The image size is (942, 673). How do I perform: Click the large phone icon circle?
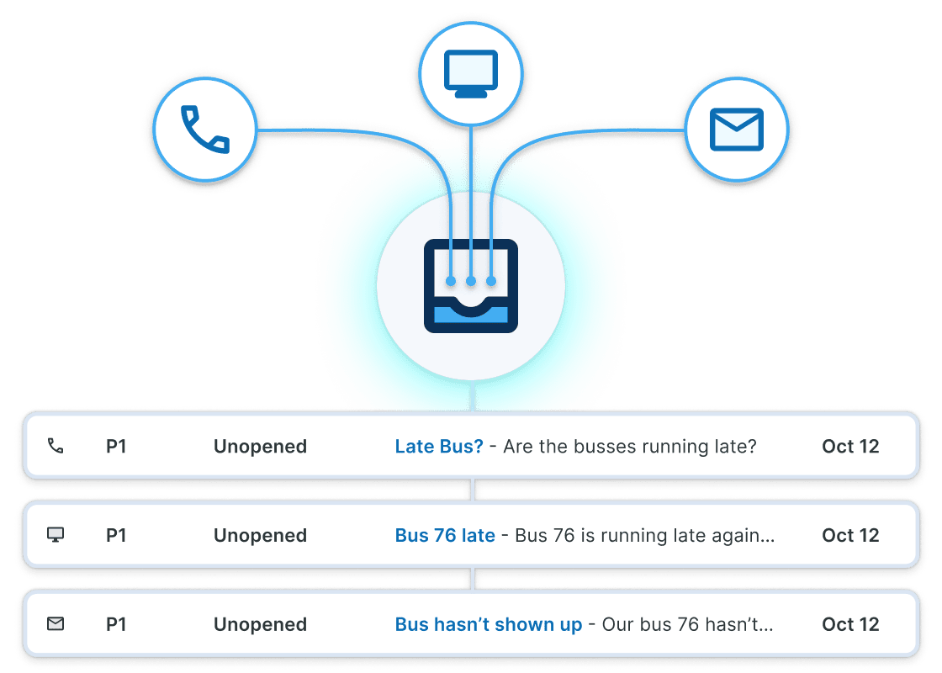click(204, 130)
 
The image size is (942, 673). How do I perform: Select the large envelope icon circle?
click(736, 130)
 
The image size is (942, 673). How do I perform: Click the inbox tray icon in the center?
click(471, 286)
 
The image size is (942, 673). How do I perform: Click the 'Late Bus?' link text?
click(439, 447)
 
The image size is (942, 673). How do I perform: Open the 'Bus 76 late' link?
click(445, 536)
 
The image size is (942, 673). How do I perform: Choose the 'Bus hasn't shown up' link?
click(489, 625)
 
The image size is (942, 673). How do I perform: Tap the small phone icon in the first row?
click(56, 447)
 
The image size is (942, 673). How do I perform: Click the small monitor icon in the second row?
click(56, 535)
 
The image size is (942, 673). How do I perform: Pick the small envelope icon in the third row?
click(56, 624)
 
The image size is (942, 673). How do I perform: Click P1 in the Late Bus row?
click(116, 447)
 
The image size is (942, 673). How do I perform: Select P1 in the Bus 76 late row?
click(116, 536)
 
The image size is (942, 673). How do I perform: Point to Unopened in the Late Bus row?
click(260, 447)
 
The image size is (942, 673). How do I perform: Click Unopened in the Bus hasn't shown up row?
click(260, 625)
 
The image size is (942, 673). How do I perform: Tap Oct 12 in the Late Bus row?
click(850, 447)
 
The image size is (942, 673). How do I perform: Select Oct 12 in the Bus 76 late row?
click(850, 536)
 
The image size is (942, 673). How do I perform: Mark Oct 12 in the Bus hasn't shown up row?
click(850, 625)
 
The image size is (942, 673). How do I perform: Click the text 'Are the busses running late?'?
click(630, 447)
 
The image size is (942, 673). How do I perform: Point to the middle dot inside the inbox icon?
click(471, 280)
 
